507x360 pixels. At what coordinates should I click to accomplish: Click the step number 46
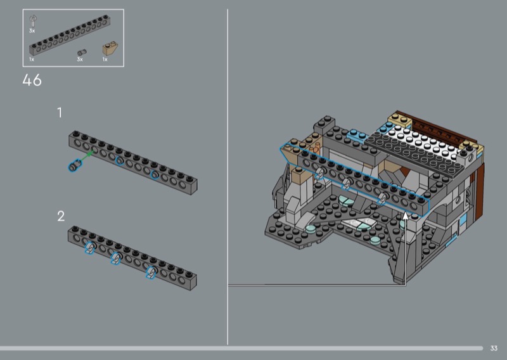point(32,80)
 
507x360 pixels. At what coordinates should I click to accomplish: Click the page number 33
point(494,348)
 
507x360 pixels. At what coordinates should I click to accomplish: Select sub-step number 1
point(60,113)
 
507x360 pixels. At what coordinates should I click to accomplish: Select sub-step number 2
point(61,216)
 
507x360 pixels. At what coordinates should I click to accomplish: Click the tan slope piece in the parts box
point(110,49)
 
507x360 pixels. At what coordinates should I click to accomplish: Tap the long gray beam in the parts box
point(70,35)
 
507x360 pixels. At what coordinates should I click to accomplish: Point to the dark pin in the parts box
point(82,52)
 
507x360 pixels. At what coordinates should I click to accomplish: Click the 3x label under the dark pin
point(80,60)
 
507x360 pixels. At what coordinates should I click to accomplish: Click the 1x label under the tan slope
point(105,60)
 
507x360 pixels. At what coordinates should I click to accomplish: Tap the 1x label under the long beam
point(31,60)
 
